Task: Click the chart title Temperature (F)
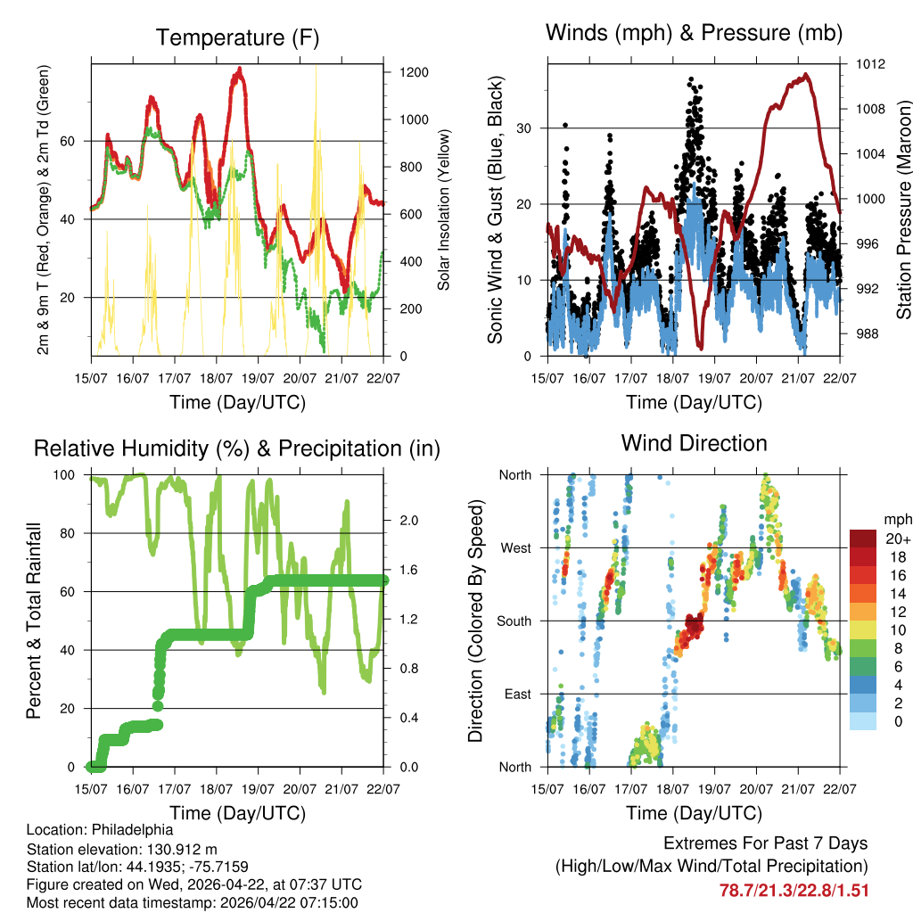pos(237,38)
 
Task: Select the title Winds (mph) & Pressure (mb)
pos(694,34)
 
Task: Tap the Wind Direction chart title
pos(694,443)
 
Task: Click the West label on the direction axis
pos(514,547)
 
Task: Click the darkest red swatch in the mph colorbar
pos(861,539)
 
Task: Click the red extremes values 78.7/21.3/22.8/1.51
pos(794,890)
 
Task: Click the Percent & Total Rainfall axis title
pos(33,621)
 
